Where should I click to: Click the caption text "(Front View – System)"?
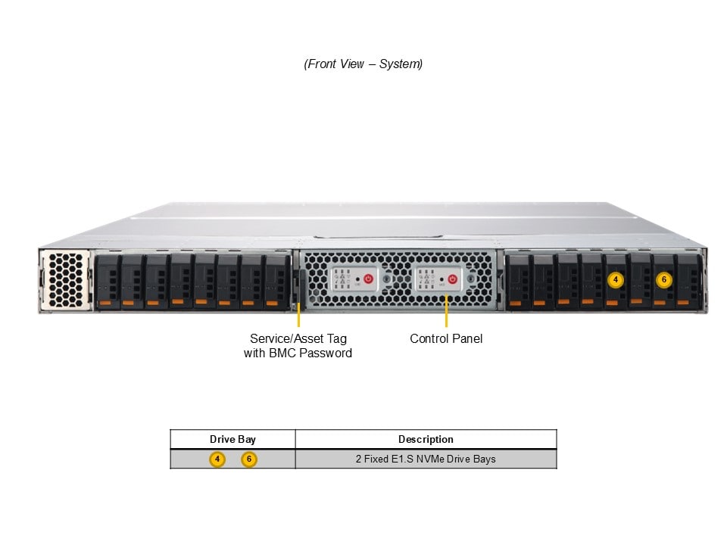[363, 64]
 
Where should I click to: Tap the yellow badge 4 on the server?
[616, 279]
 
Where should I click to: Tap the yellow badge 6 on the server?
[663, 279]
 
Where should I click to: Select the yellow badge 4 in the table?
[217, 459]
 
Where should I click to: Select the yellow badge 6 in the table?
[249, 459]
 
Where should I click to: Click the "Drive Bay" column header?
[232, 439]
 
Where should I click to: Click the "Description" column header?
[426, 439]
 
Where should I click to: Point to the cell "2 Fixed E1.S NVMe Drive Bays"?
[426, 459]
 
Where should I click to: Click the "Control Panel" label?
[446, 338]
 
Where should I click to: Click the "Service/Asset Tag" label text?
[298, 338]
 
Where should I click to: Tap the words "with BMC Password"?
[298, 353]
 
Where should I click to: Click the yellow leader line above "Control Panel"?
[446, 312]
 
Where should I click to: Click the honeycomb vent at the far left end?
[64, 279]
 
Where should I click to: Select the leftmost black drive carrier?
[108, 281]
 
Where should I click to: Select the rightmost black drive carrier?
[688, 281]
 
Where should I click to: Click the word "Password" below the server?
[326, 353]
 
